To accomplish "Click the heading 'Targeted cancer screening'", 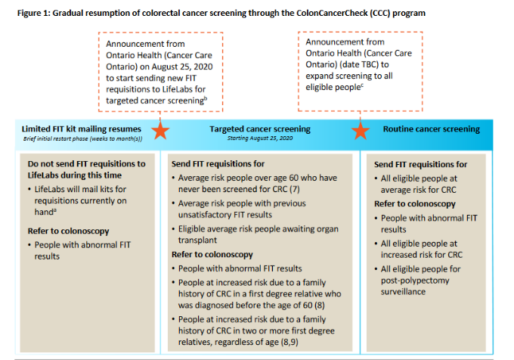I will tap(259, 129).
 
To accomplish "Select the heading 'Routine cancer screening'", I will tap(431, 129).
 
